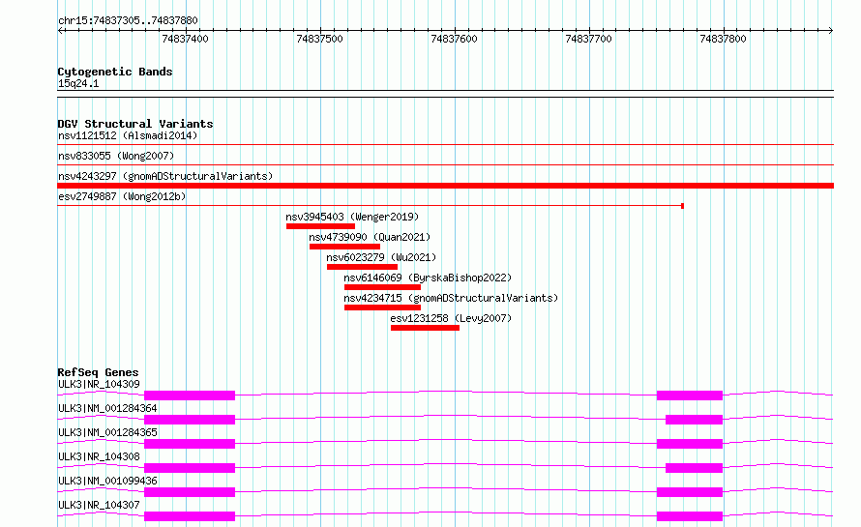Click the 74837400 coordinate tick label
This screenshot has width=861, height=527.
[185, 39]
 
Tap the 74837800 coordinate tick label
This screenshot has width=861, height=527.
[723, 39]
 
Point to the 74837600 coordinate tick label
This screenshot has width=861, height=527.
[454, 39]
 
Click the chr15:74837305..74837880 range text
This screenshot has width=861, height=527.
[128, 21]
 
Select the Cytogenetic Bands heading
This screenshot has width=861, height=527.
[115, 72]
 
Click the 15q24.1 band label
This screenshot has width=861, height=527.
[78, 83]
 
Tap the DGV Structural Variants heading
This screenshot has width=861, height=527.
[135, 124]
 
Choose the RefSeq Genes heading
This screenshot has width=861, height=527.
[98, 372]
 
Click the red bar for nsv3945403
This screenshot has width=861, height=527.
[320, 226]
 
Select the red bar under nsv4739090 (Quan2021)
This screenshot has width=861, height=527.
[344, 247]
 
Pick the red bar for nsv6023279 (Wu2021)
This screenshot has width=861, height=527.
[363, 267]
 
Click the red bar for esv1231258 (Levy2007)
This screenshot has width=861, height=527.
[425, 328]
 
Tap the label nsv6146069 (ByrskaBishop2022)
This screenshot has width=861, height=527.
[428, 278]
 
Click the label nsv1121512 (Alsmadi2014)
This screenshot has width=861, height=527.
[128, 135]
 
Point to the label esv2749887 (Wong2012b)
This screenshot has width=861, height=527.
[122, 196]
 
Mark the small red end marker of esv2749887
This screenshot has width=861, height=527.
[683, 206]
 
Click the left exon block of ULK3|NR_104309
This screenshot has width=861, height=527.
[190, 395]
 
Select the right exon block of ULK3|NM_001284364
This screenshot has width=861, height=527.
[694, 420]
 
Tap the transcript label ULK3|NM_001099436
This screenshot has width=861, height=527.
[107, 481]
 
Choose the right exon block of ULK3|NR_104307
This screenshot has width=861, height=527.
[690, 516]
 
